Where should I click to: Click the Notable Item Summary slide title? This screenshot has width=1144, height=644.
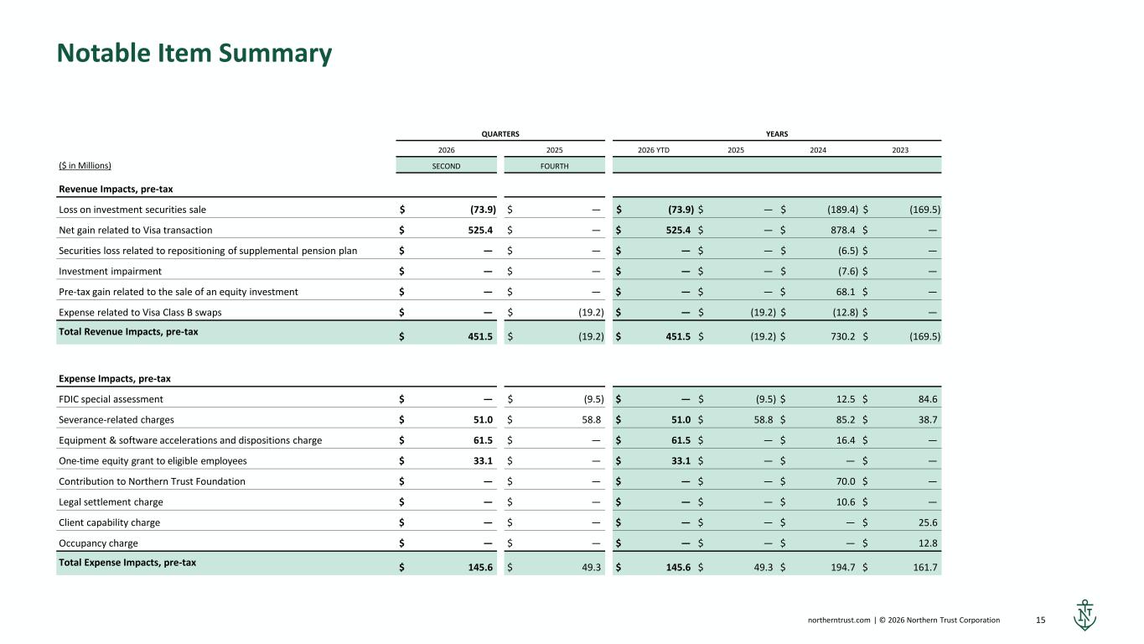click(x=194, y=53)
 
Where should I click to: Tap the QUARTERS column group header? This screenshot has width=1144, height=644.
click(x=500, y=134)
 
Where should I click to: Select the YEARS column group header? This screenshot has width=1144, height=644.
click(x=777, y=134)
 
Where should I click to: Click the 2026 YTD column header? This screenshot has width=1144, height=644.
click(x=654, y=150)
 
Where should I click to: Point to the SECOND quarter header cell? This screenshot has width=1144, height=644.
click(x=446, y=166)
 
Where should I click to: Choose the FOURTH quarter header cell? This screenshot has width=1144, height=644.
click(x=554, y=166)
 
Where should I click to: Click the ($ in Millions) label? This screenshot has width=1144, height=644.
click(x=85, y=165)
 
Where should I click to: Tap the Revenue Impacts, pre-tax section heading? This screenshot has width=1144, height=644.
click(x=116, y=190)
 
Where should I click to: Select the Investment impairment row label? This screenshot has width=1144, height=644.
click(x=110, y=272)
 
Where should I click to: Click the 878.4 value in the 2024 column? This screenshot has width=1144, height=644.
click(x=842, y=230)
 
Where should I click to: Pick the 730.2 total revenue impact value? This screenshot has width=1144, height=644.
click(x=842, y=336)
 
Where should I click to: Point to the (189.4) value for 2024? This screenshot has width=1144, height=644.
click(x=842, y=210)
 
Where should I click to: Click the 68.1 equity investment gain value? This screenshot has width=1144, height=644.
click(x=846, y=292)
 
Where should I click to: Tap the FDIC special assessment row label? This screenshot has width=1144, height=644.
click(x=111, y=399)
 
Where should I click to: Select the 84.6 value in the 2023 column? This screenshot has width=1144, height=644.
click(x=928, y=399)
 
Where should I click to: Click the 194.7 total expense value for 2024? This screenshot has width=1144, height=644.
click(x=842, y=568)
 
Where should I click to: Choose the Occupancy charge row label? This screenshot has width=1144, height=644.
click(x=98, y=543)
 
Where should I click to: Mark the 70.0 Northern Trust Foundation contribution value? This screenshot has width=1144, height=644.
click(x=846, y=481)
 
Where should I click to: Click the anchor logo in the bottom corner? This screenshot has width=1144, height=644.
click(x=1084, y=615)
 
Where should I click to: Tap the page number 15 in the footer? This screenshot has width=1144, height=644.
click(x=1040, y=620)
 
